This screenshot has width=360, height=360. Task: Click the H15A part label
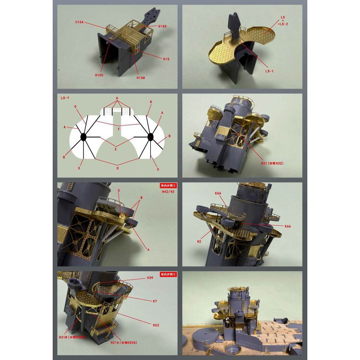point(79,22)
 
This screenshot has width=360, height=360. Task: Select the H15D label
point(162,26)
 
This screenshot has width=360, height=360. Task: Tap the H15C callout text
point(99,75)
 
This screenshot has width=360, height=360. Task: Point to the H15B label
point(141,78)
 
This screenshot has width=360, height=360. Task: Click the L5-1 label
point(269,71)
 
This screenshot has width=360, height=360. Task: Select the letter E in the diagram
point(117,149)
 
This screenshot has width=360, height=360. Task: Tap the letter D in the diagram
point(117,168)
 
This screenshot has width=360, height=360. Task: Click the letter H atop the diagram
point(117,98)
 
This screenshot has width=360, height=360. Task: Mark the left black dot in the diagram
point(84,137)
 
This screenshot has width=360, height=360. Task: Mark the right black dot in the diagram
point(150,137)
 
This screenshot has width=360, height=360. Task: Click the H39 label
point(150,278)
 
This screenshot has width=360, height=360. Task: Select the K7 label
point(155,301)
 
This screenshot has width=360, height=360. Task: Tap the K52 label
point(156,325)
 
